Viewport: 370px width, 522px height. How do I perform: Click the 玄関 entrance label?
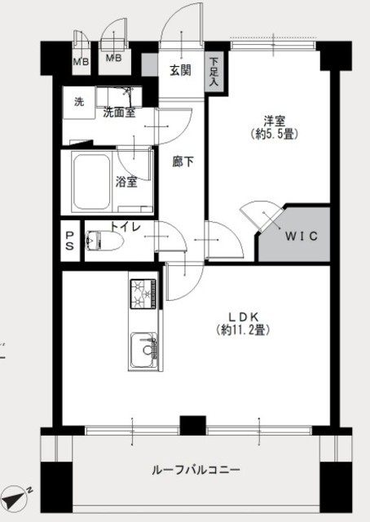pos(180,71)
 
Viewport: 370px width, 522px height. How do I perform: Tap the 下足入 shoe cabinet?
pos(214,72)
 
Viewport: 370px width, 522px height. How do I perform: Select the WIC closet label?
pos(301,236)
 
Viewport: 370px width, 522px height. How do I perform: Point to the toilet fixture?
pos(104,241)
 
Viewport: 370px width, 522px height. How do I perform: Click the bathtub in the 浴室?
pos(92,182)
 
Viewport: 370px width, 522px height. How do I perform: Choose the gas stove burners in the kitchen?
pos(143,294)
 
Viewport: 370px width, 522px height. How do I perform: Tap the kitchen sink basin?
pos(143,350)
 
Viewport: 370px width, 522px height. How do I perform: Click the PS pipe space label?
pos(69,241)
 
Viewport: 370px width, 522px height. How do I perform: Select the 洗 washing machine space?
pos(79,102)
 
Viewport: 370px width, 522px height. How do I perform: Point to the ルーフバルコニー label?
pos(196,470)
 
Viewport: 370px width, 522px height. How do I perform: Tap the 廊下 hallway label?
pos(183,161)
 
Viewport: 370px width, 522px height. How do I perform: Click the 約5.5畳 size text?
pos(275,134)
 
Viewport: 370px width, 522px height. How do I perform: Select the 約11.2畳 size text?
pos(243,330)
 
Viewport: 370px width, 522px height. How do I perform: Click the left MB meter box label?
pos(81,62)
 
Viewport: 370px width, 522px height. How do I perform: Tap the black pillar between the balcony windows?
pos(192,426)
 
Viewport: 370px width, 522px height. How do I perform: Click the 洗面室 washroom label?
pos(119,113)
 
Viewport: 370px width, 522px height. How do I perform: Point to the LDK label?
pos(243,316)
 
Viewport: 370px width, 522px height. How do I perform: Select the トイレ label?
pos(126,227)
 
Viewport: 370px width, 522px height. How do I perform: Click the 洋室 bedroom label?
pos(275,120)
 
